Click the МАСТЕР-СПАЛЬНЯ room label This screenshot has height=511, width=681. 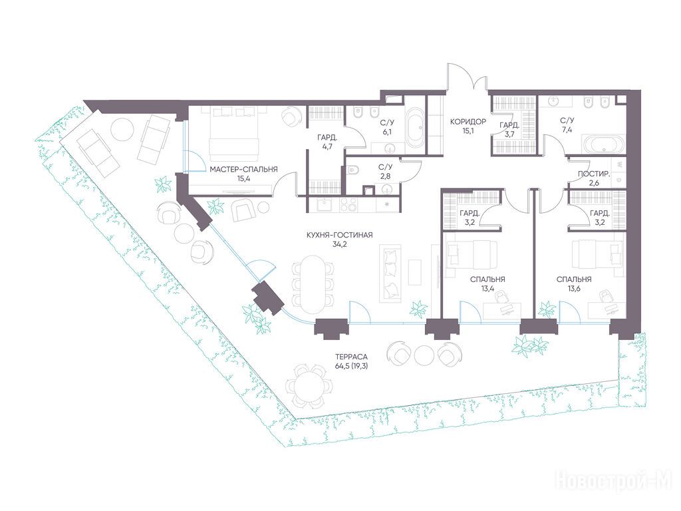click(x=243, y=170)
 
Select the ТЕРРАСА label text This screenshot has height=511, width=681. click(x=352, y=357)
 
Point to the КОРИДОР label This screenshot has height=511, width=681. click(x=468, y=122)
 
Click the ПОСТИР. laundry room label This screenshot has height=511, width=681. click(x=594, y=174)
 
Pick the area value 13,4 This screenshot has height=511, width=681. click(x=487, y=288)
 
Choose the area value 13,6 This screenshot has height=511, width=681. click(x=574, y=288)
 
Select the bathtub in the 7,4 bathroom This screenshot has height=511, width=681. click(x=603, y=144)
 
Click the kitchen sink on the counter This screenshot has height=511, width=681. click(x=324, y=204)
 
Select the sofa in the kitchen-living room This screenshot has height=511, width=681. click(x=390, y=273)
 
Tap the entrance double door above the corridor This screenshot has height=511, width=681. click(x=468, y=79)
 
